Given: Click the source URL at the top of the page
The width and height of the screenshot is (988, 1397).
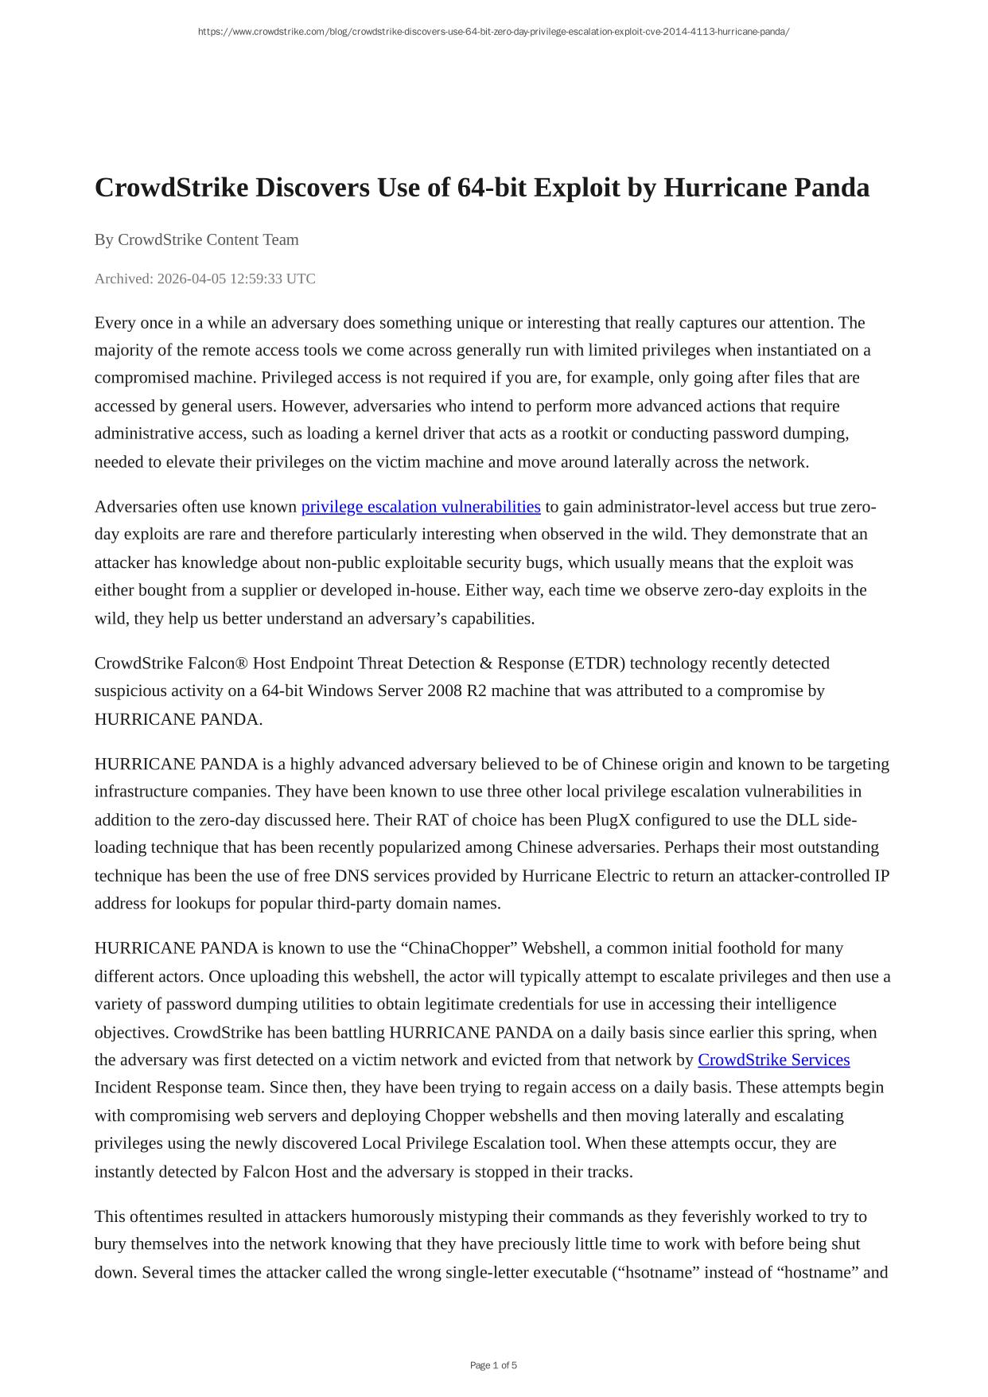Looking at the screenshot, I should point(493,32).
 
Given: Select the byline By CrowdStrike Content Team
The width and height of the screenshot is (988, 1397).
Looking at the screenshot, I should point(196,239).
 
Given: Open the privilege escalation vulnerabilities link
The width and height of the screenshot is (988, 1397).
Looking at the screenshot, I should point(421,507).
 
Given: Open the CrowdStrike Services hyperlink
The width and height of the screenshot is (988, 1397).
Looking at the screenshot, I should point(773,1060).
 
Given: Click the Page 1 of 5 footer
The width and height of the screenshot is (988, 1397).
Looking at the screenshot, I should point(493,1365).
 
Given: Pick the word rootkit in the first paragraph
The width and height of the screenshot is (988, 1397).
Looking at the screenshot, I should point(585,434).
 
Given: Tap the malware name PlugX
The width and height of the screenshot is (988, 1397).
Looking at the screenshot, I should point(608,819).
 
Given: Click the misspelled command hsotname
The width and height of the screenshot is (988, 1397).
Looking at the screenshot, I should point(655,1272).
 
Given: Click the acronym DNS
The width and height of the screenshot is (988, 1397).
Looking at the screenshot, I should point(350,876).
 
